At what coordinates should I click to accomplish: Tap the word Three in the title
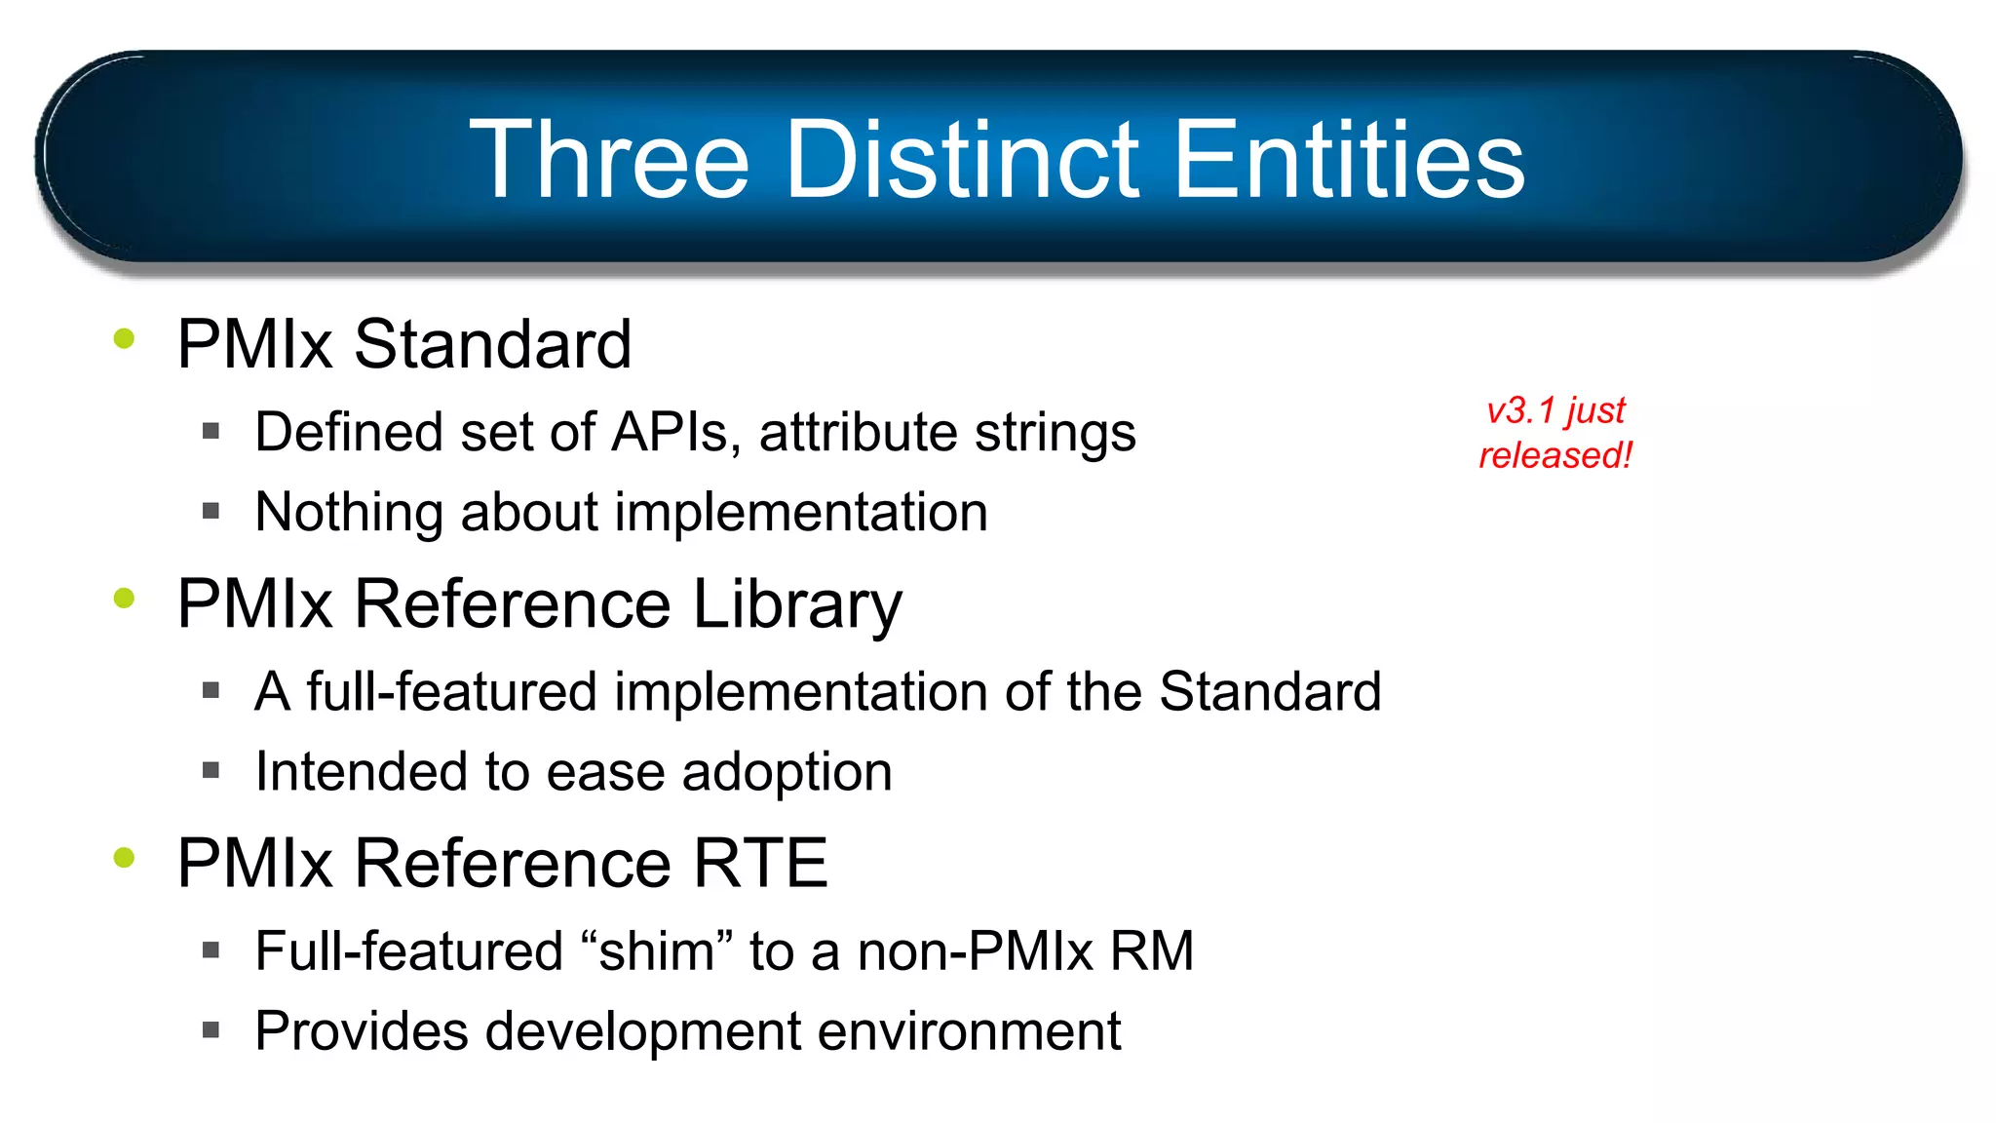click(x=609, y=160)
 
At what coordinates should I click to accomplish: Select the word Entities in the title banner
click(x=1349, y=160)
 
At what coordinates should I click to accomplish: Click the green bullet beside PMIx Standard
click(x=124, y=338)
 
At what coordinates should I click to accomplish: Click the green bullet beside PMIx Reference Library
click(x=124, y=598)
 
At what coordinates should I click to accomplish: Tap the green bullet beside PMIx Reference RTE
click(x=124, y=857)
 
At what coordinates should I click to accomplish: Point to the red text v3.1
click(x=1520, y=410)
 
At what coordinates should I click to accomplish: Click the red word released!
click(x=1555, y=455)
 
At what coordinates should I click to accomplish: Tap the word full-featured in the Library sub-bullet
click(x=451, y=691)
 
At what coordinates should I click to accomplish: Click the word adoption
click(x=787, y=772)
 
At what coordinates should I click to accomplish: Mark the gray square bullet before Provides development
click(x=211, y=1029)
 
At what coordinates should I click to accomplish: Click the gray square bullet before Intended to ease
click(x=211, y=770)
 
